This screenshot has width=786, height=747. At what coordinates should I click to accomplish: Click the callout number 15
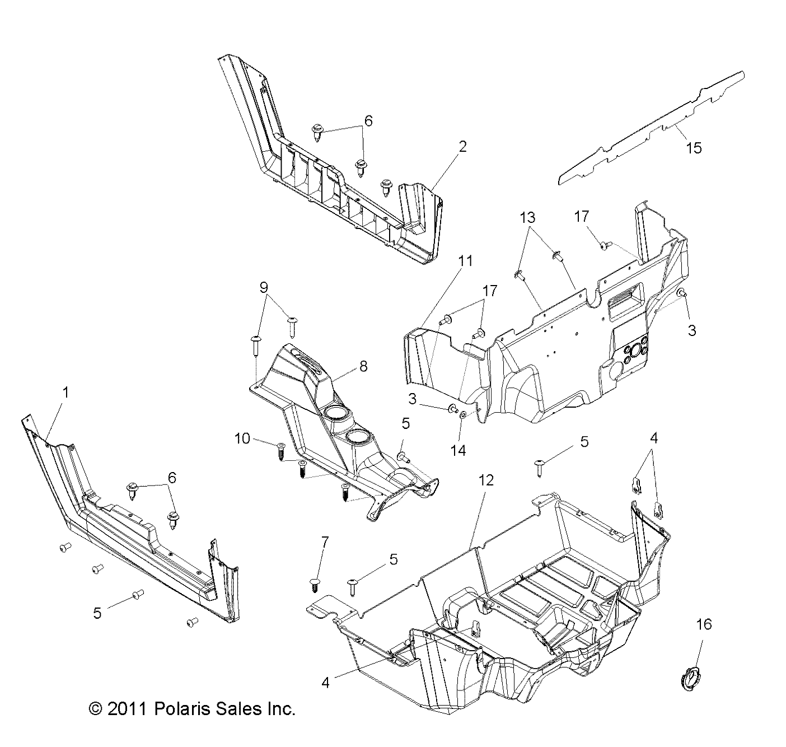693,148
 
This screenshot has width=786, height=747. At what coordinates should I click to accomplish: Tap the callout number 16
704,624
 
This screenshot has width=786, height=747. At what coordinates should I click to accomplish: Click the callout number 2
462,147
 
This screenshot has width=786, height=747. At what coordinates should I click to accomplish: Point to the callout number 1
65,393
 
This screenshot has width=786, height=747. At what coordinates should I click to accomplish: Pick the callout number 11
465,260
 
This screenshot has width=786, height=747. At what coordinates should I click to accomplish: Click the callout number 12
486,480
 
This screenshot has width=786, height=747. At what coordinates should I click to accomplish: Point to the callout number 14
458,450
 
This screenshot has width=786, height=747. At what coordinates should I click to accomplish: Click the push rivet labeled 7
315,584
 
